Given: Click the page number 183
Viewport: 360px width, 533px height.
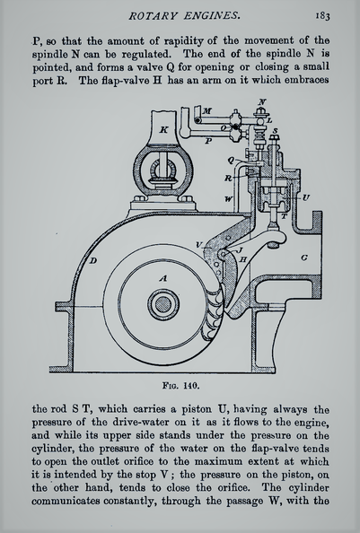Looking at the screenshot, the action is pos(322,15).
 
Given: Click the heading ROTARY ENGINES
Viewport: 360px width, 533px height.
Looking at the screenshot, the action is pos(185,15).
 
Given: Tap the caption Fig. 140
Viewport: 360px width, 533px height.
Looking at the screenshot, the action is pos(180,386).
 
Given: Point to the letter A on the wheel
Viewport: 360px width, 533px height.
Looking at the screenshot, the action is pos(163,278).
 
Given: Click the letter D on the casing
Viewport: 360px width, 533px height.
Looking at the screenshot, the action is pos(92,261).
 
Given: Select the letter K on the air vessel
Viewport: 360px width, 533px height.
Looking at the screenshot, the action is pos(164,129).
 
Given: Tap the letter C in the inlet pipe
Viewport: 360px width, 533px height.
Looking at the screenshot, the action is pos(304,258).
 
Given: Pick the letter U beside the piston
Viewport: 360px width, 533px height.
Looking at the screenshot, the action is pos(305,197).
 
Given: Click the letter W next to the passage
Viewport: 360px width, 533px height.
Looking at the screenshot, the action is pos(229,199).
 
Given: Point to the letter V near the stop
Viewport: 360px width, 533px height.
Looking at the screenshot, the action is pos(199,245).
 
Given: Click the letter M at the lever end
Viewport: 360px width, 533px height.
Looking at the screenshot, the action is pos(207,110).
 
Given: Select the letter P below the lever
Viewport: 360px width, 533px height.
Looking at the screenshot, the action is pos(208,140).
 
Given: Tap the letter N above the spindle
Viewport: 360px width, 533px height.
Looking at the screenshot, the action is pos(262,101).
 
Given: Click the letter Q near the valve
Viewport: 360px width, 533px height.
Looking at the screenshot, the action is pos(231,160).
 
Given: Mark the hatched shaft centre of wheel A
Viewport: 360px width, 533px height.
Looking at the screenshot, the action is pos(163,304).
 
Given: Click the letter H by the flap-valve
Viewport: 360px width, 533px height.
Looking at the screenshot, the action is pos(243,259).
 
